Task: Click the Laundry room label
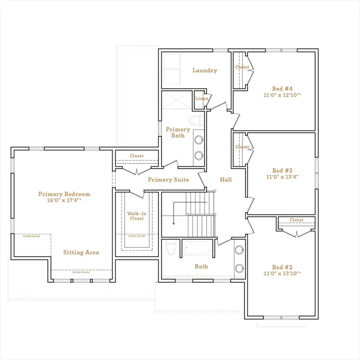(x=205, y=70)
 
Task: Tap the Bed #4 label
(x=283, y=88)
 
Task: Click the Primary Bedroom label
(x=64, y=194)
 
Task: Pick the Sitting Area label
(x=81, y=253)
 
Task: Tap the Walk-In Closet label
(x=137, y=216)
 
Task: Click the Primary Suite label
(x=168, y=180)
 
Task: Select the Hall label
(x=226, y=180)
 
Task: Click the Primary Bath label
(x=178, y=133)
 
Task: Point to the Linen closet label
(x=202, y=98)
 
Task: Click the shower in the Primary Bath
(x=177, y=100)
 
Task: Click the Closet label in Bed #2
(x=297, y=220)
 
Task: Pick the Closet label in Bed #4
(x=242, y=67)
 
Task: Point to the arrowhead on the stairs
(x=174, y=223)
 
